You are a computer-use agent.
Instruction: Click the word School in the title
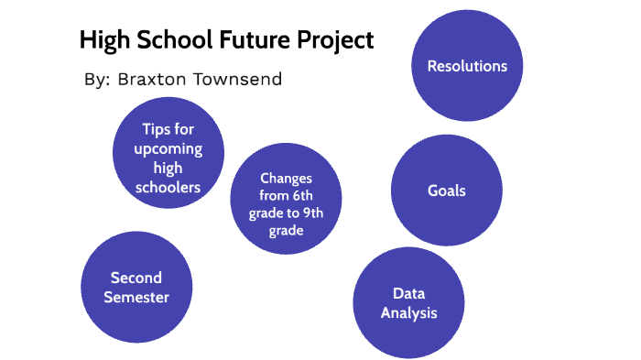tap(170, 40)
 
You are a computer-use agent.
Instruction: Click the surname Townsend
tap(237, 80)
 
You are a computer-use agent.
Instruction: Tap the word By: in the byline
tap(96, 80)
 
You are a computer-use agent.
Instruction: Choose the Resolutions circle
tap(467, 66)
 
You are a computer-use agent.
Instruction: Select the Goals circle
tap(447, 191)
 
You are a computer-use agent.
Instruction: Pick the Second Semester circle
tap(136, 287)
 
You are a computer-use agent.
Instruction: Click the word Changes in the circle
tap(286, 178)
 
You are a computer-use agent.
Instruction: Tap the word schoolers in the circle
tap(168, 187)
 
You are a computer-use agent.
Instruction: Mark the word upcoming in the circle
tap(168, 148)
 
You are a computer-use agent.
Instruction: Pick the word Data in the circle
tap(406, 293)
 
